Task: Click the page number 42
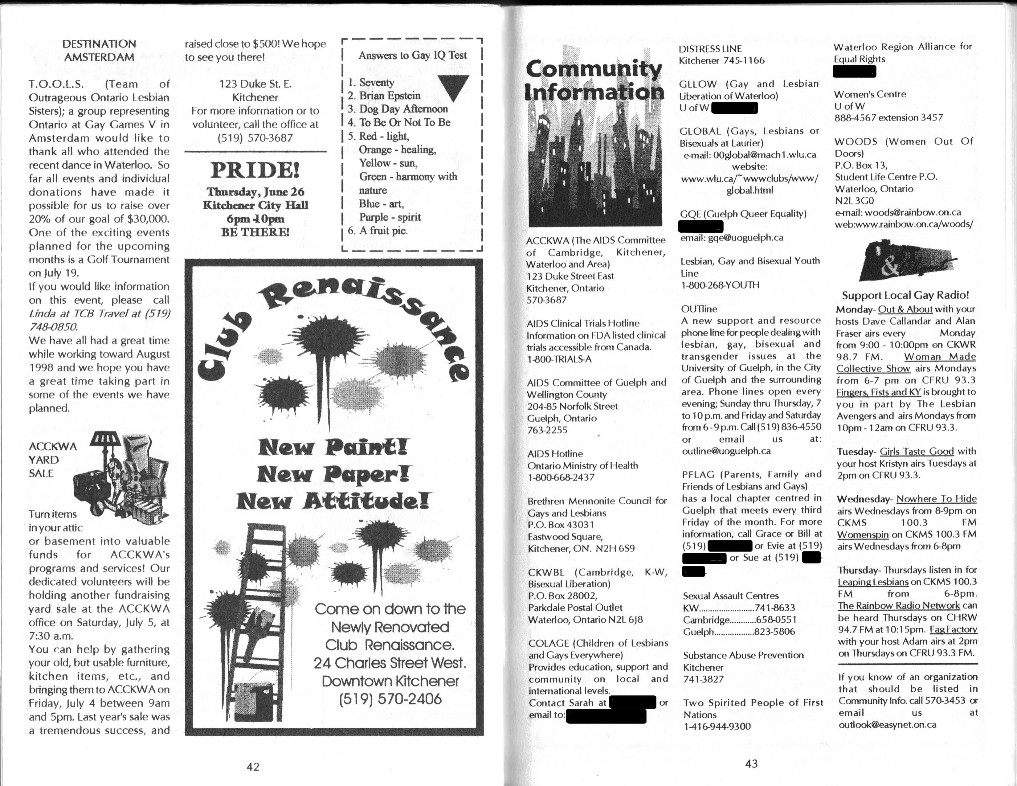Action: coord(253,767)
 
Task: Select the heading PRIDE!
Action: coord(255,170)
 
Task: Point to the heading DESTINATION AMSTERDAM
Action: coord(99,50)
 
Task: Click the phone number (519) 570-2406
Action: coord(390,699)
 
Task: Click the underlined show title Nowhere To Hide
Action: coord(936,499)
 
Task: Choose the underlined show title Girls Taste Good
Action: coord(917,451)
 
